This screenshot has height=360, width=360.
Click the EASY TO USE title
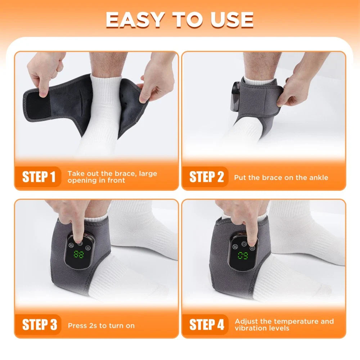[180, 20]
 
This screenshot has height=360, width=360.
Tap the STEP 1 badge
[39, 177]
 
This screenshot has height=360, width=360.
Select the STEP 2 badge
[207, 177]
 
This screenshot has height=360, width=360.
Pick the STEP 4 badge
[207, 325]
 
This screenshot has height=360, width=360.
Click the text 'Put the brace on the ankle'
[281, 177]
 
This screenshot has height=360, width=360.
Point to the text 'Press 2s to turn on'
[101, 326]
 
